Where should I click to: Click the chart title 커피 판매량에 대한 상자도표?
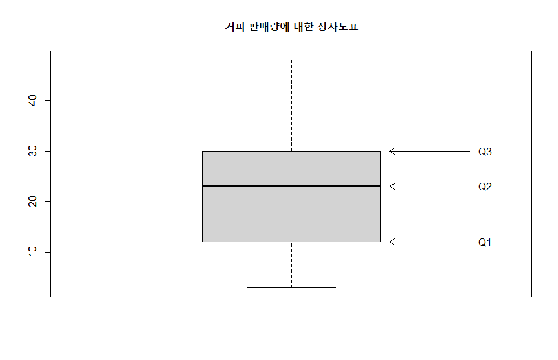coord(291,27)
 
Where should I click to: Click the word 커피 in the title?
coord(234,27)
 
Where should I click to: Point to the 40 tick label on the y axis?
coord(32,100)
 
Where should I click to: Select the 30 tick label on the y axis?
coord(32,151)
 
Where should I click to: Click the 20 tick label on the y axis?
coord(32,201)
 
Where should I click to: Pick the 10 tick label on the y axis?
coord(32,252)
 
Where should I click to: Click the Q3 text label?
coord(485,152)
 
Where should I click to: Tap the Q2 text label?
coord(485,186)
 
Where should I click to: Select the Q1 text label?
coord(485,242)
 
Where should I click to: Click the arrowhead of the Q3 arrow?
coord(390,152)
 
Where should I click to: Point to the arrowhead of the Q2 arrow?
coord(390,186)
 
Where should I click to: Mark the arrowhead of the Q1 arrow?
coord(390,242)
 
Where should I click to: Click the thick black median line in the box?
coord(291,186)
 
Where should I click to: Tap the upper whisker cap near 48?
coord(291,60)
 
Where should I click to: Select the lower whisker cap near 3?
coord(291,287)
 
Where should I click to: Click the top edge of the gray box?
coord(291,152)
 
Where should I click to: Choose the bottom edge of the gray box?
coord(291,242)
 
